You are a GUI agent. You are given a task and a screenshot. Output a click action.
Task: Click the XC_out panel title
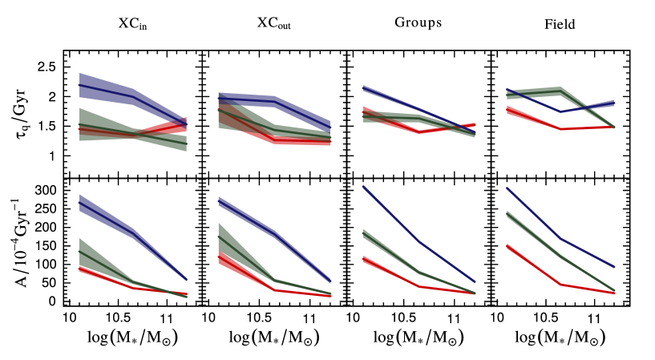(x=274, y=23)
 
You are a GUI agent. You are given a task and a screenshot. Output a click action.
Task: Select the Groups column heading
(x=418, y=22)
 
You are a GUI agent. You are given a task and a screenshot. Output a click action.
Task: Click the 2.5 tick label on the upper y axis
(x=47, y=67)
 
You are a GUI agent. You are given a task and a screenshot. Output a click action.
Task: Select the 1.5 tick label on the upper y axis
(x=47, y=126)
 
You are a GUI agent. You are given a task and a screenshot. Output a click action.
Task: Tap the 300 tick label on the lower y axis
(x=45, y=190)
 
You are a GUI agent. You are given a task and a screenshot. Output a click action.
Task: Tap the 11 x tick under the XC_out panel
(x=315, y=318)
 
